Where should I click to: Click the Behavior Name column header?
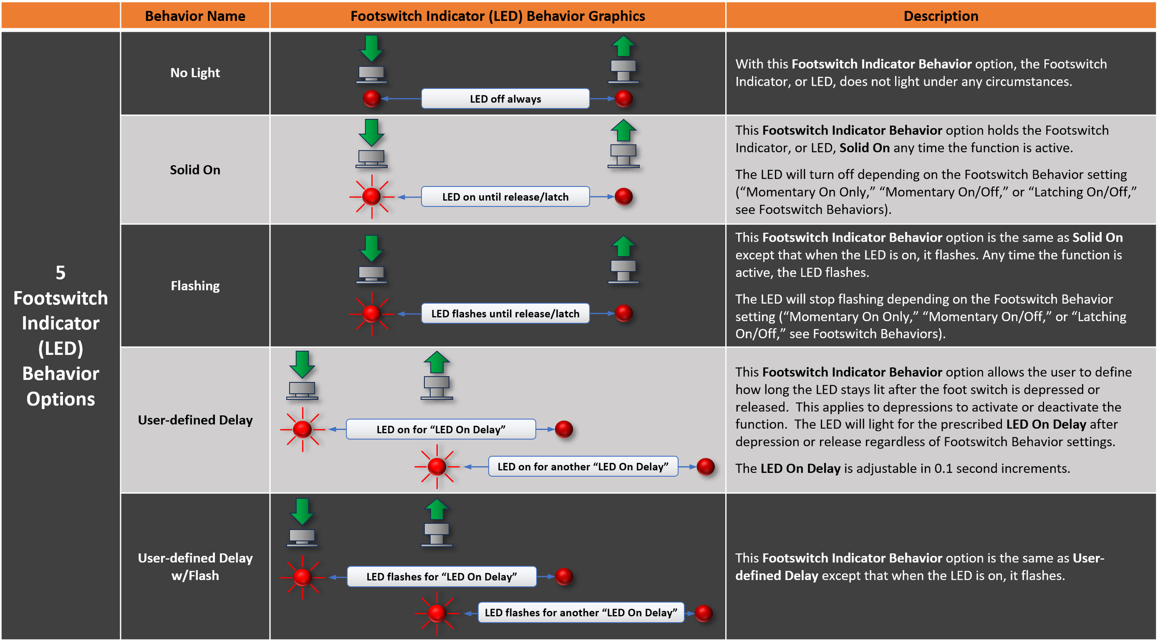pos(195,16)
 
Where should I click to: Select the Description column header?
pos(940,16)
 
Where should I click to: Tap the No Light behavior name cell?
pos(195,73)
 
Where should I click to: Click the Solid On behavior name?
pos(195,170)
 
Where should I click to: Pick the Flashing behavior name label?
pos(195,286)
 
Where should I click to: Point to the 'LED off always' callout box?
pos(505,99)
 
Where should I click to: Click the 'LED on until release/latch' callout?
pos(505,197)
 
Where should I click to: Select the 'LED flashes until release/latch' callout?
pos(505,313)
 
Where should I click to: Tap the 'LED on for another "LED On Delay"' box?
pos(583,467)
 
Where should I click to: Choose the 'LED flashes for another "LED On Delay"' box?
pos(580,612)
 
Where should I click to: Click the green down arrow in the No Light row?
pos(371,48)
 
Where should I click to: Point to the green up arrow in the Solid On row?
pos(623,131)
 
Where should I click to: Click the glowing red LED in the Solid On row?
pos(371,197)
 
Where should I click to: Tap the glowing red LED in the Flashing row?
pos(371,313)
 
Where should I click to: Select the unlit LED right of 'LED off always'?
pos(623,99)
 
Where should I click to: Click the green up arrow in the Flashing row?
pos(623,246)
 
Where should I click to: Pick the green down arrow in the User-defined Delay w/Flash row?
pos(302,511)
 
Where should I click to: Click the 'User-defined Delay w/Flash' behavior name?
pos(195,566)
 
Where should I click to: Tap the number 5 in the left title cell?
pos(60,273)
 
